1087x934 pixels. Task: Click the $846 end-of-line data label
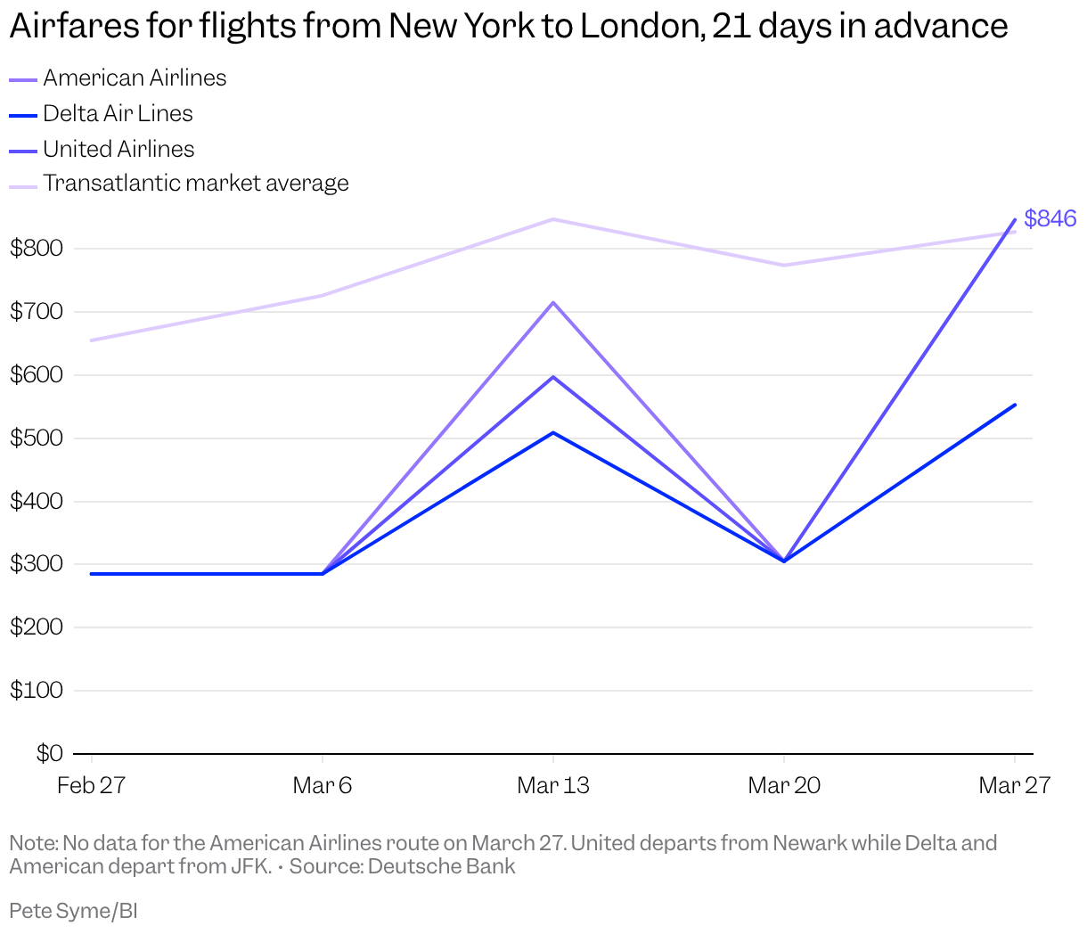coord(1050,218)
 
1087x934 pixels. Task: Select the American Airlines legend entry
coord(134,78)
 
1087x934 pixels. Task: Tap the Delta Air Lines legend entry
coord(118,114)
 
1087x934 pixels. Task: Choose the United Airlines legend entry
coord(119,149)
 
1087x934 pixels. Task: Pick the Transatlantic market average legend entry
coord(195,184)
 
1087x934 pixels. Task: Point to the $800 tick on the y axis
coord(37,249)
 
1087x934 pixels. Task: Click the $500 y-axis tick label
coord(37,438)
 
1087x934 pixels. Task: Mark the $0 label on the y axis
coord(49,754)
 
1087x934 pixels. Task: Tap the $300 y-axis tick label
coord(37,564)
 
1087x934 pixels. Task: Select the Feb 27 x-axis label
coord(91,785)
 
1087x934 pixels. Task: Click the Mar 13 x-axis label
coord(552,785)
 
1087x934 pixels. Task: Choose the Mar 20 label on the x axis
coord(784,785)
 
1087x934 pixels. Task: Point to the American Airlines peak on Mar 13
coord(553,303)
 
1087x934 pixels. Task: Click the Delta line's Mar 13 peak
coord(553,433)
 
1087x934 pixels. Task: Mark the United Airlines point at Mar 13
coord(553,377)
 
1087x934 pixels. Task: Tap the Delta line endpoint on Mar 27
coord(1015,405)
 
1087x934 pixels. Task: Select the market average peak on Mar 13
coord(553,219)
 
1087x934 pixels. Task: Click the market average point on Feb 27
coord(92,340)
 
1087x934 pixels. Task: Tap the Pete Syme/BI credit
coord(73,911)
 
